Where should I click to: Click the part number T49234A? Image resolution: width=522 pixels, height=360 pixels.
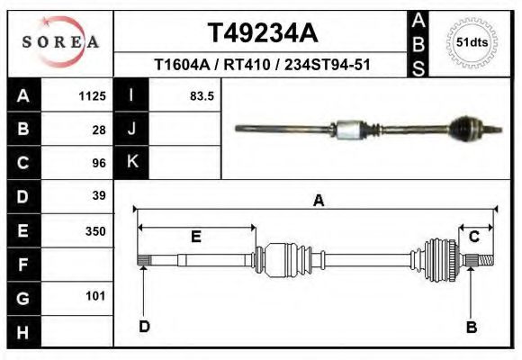[x=263, y=33]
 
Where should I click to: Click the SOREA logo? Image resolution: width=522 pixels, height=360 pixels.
[x=60, y=41]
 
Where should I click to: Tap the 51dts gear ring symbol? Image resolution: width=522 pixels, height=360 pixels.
[x=472, y=42]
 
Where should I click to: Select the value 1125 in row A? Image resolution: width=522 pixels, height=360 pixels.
[x=94, y=95]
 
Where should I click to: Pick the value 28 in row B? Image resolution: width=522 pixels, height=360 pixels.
[x=99, y=130]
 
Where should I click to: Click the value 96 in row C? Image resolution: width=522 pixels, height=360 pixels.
[x=99, y=163]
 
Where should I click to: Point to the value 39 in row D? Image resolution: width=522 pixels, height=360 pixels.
[x=99, y=195]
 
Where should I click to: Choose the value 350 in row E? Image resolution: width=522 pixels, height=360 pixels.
[x=95, y=230]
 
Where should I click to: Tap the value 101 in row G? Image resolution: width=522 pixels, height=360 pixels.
[x=95, y=296]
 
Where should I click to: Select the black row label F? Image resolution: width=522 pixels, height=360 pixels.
[x=23, y=265]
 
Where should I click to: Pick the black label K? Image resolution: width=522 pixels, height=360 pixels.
[x=132, y=162]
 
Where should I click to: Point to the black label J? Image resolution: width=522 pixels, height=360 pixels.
[x=132, y=130]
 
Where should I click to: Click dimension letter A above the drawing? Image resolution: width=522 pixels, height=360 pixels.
[x=318, y=202]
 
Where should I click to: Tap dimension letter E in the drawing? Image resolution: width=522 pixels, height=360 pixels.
[x=195, y=237]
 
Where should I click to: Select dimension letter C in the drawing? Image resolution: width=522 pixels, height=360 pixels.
[x=474, y=237]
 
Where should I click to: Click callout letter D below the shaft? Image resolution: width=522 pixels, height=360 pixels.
[x=144, y=327]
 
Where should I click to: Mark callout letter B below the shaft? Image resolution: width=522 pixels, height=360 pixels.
[x=472, y=327]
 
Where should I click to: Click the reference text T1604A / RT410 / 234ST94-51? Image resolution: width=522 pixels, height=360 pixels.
[x=263, y=65]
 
